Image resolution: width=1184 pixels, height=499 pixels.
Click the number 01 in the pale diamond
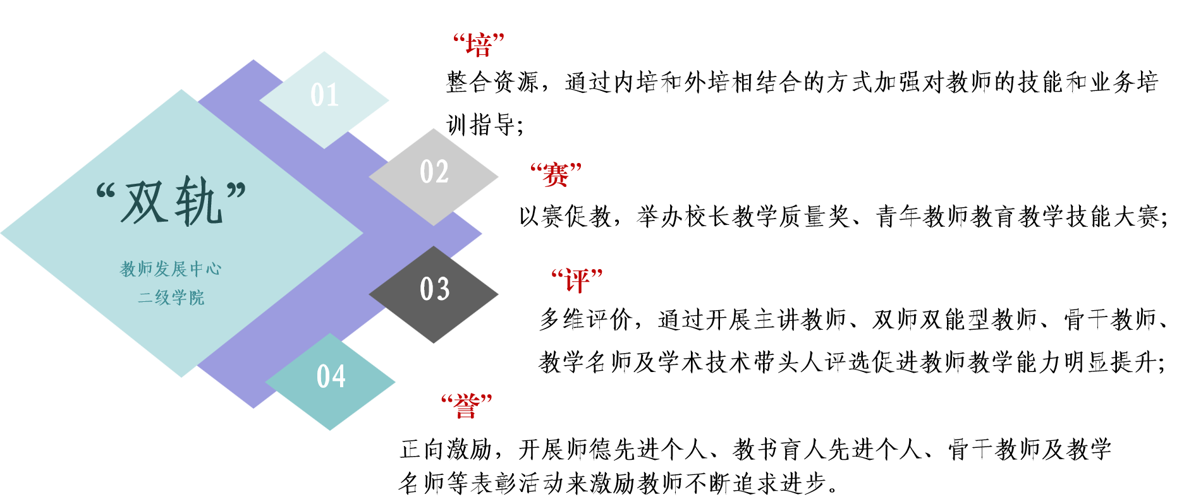(324, 95)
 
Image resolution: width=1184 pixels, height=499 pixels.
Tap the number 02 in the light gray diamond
(434, 172)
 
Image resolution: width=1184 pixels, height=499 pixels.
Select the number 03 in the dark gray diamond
(434, 289)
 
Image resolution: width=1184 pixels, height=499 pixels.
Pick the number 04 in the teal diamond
(331, 376)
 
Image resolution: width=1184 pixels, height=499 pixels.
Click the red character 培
(479, 46)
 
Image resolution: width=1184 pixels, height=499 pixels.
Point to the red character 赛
(556, 175)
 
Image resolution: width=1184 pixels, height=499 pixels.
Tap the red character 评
(577, 281)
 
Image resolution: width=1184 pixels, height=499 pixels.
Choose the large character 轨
(199, 201)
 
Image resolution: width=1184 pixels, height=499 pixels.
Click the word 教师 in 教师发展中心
(137, 269)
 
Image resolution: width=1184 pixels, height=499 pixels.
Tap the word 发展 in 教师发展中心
(171, 269)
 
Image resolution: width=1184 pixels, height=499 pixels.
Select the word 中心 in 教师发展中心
(205, 269)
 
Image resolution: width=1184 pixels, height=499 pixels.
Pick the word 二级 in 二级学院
(154, 298)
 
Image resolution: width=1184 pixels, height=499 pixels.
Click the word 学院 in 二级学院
(188, 298)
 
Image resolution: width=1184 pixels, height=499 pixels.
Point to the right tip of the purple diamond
(480, 234)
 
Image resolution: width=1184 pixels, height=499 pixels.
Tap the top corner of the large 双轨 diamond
(182, 91)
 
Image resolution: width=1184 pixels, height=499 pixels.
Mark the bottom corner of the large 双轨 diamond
(182, 376)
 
